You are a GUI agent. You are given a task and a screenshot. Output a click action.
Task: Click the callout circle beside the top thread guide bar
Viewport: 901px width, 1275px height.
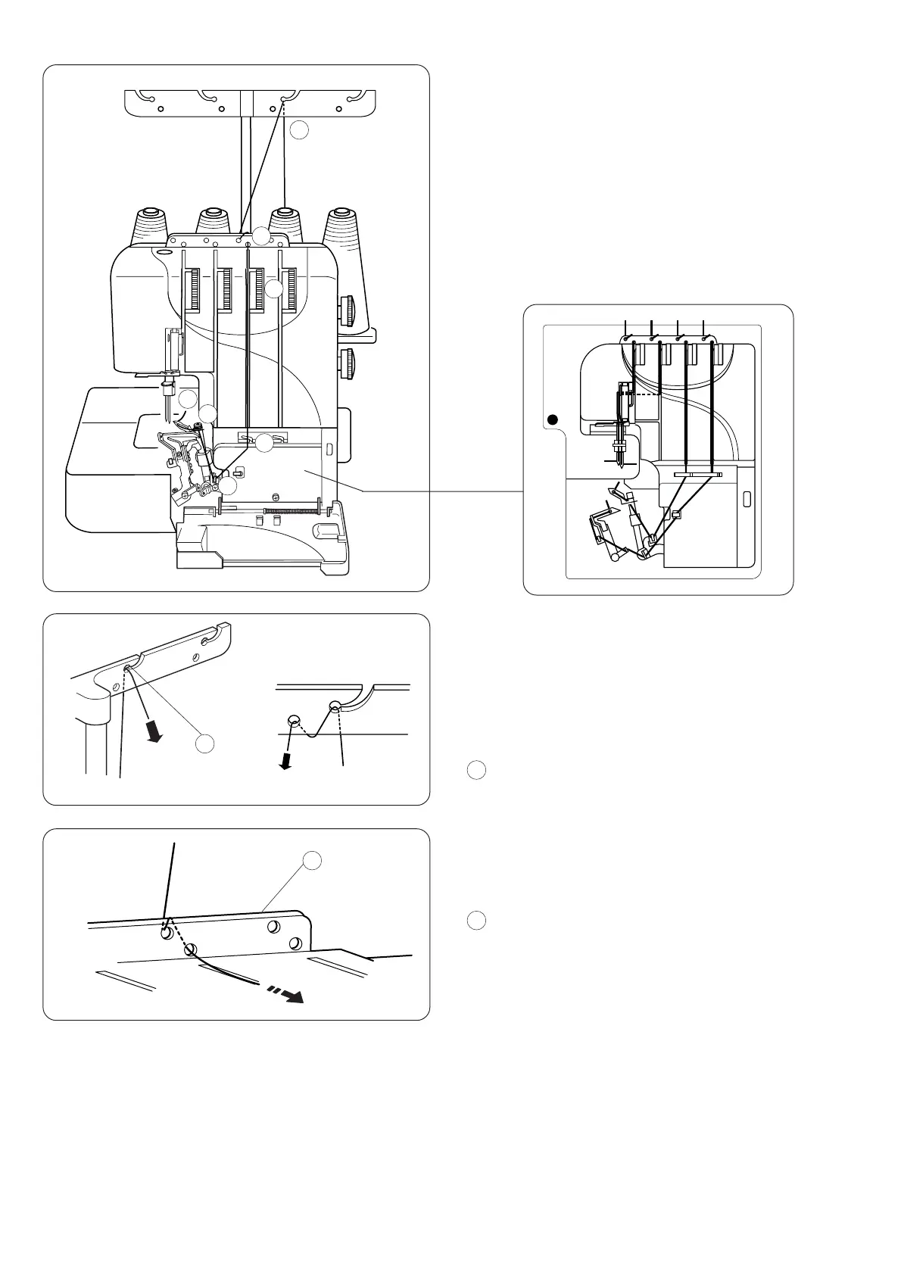(300, 130)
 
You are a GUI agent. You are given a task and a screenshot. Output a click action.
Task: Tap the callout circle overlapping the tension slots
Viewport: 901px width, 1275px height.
(274, 289)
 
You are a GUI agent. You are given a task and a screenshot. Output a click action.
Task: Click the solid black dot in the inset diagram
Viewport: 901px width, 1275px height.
(553, 419)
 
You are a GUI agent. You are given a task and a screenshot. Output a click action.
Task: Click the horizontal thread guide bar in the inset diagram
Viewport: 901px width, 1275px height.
(697, 475)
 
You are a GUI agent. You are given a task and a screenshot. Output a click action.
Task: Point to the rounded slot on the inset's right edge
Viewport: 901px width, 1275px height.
(747, 499)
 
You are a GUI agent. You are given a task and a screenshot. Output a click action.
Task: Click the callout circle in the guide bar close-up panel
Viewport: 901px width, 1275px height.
(204, 744)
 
